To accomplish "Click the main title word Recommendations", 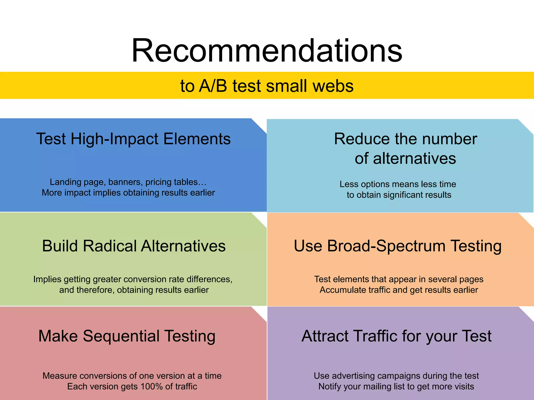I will point(267,51).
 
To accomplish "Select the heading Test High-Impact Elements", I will point(133,139).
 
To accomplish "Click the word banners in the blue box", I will point(125,182).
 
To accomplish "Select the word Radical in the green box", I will point(110,246).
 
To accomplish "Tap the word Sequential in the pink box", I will point(121,336).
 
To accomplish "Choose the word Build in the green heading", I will point(60,246).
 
